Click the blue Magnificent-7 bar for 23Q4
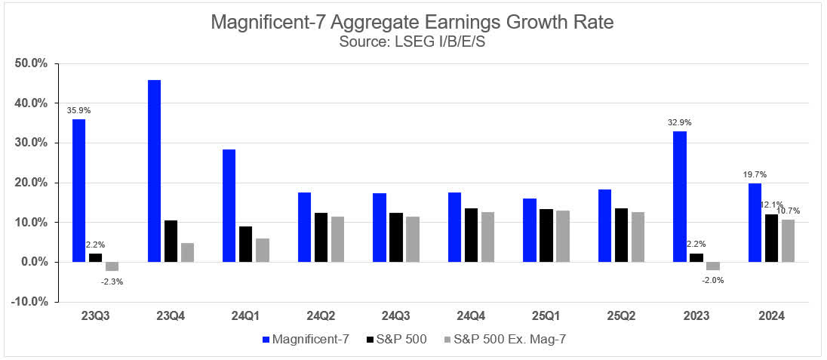click(x=154, y=171)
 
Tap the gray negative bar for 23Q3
click(x=112, y=266)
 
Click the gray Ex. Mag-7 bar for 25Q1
click(x=561, y=236)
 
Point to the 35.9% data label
click(x=78, y=110)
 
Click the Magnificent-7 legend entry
click(x=305, y=339)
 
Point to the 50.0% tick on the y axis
click(x=32, y=63)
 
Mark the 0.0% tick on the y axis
click(x=33, y=262)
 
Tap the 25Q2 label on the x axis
click(x=619, y=316)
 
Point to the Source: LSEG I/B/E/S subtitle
click(x=412, y=42)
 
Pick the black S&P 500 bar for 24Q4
click(x=470, y=235)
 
